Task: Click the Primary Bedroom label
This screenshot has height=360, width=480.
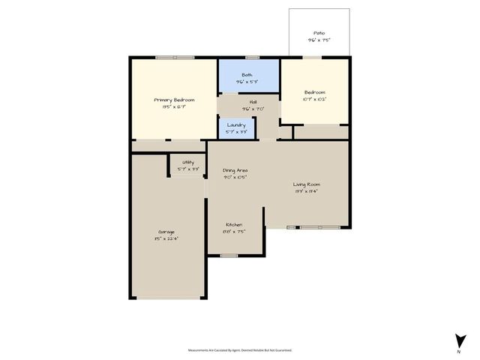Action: pos(174,100)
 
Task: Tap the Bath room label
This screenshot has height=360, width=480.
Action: pos(247,75)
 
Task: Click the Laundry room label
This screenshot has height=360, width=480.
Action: pos(236,124)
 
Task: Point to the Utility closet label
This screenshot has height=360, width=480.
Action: pos(188,162)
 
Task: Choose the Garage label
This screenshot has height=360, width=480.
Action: pos(166,232)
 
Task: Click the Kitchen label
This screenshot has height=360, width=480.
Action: pos(235,224)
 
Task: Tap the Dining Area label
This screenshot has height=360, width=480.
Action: pos(235,170)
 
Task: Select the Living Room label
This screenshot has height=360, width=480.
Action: pos(307,184)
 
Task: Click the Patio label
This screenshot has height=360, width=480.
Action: pos(319,34)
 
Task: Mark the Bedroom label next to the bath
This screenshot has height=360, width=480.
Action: pos(314,92)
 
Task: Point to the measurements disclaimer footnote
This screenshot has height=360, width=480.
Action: pos(239,349)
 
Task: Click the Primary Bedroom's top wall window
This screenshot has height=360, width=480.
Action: pos(174,58)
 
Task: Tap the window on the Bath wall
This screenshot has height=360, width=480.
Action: pos(253,58)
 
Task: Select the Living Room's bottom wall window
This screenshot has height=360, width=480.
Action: pos(318,227)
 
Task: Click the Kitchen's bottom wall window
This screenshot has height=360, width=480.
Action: pos(229,256)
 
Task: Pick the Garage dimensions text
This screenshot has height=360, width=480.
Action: pos(166,238)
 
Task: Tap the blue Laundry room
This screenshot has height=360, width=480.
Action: pos(236,128)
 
